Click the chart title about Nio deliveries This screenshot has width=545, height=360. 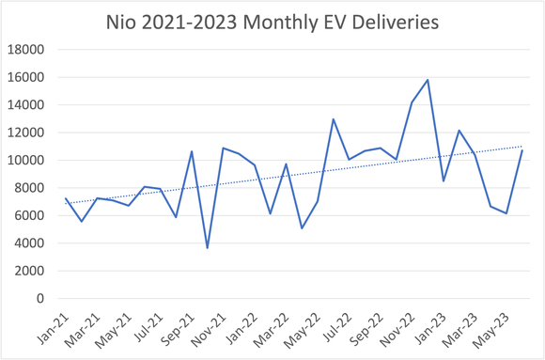pos(272,20)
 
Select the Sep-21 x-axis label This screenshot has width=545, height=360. pos(179,324)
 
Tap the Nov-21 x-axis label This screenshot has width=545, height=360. pos(210,324)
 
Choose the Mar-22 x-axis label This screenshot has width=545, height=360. pos(272,324)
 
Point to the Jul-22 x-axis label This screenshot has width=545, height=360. pos(335,324)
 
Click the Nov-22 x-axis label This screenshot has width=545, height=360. pos(397,324)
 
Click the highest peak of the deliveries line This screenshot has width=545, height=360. pos(428,80)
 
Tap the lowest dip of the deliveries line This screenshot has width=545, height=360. pos(208,248)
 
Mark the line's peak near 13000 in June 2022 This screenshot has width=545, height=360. pos(333,119)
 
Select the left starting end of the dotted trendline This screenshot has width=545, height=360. pos(66,203)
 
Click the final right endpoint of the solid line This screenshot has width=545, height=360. pos(522,149)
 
